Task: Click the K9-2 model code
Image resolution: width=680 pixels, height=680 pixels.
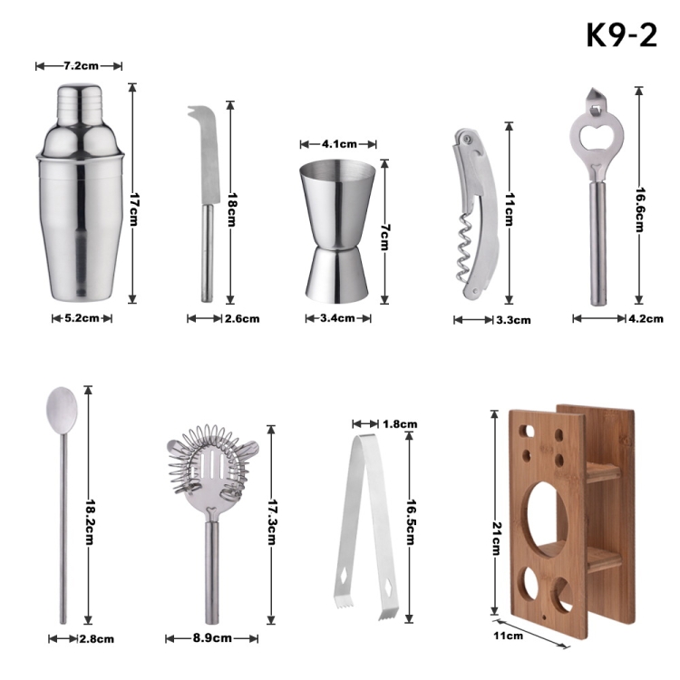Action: coord(621,35)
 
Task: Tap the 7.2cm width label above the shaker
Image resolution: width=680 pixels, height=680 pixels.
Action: coord(81,66)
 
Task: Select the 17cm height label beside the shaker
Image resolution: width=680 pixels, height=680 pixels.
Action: coord(133,209)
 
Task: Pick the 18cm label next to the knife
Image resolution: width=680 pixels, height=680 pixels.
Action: coord(231,210)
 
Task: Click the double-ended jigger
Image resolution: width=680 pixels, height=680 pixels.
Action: coord(337,230)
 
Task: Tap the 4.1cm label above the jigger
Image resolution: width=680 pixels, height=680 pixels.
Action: coord(339,144)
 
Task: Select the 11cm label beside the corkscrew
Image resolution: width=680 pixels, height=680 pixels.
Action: coord(510,209)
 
